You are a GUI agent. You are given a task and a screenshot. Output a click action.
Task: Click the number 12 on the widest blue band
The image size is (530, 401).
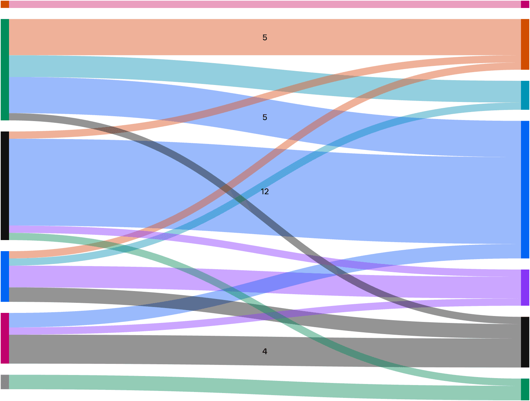[x=265, y=191]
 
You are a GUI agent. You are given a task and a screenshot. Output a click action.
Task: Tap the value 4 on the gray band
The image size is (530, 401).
[x=265, y=351]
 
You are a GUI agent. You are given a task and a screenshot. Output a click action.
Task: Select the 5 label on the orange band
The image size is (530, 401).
[x=265, y=37]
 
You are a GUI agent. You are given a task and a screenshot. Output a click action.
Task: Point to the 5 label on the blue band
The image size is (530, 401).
[x=265, y=117]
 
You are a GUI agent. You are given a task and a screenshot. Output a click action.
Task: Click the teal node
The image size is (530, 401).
[x=525, y=95]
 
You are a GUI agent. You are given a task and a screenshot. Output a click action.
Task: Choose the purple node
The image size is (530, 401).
[x=525, y=288]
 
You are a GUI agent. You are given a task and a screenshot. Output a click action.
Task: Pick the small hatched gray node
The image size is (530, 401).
[x=5, y=382]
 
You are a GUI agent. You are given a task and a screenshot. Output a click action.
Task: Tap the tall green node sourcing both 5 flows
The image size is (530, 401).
[x=5, y=69]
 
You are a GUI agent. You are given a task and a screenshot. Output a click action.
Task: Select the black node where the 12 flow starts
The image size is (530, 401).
[x=5, y=186]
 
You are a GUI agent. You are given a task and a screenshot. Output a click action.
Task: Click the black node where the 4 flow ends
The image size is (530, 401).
[x=525, y=342]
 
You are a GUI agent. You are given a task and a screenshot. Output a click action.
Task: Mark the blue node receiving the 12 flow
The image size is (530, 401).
[x=525, y=189]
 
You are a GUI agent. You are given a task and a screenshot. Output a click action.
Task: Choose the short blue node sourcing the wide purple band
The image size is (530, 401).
[x=5, y=276]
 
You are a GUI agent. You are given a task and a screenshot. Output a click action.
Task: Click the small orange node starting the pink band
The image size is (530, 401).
[x=5, y=5]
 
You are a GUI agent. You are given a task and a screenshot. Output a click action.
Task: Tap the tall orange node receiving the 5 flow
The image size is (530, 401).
[x=525, y=44]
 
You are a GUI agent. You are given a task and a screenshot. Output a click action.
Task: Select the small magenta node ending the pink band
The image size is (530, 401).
[x=525, y=5]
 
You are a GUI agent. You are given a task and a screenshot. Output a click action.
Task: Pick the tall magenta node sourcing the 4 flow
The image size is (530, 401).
[x=5, y=338]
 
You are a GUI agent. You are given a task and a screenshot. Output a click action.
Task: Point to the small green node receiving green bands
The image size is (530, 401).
[x=525, y=390]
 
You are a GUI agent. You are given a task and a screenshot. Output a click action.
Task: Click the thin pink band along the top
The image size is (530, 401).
[x=265, y=5]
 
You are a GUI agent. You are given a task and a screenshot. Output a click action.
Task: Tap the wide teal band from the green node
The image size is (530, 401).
[x=265, y=79]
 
